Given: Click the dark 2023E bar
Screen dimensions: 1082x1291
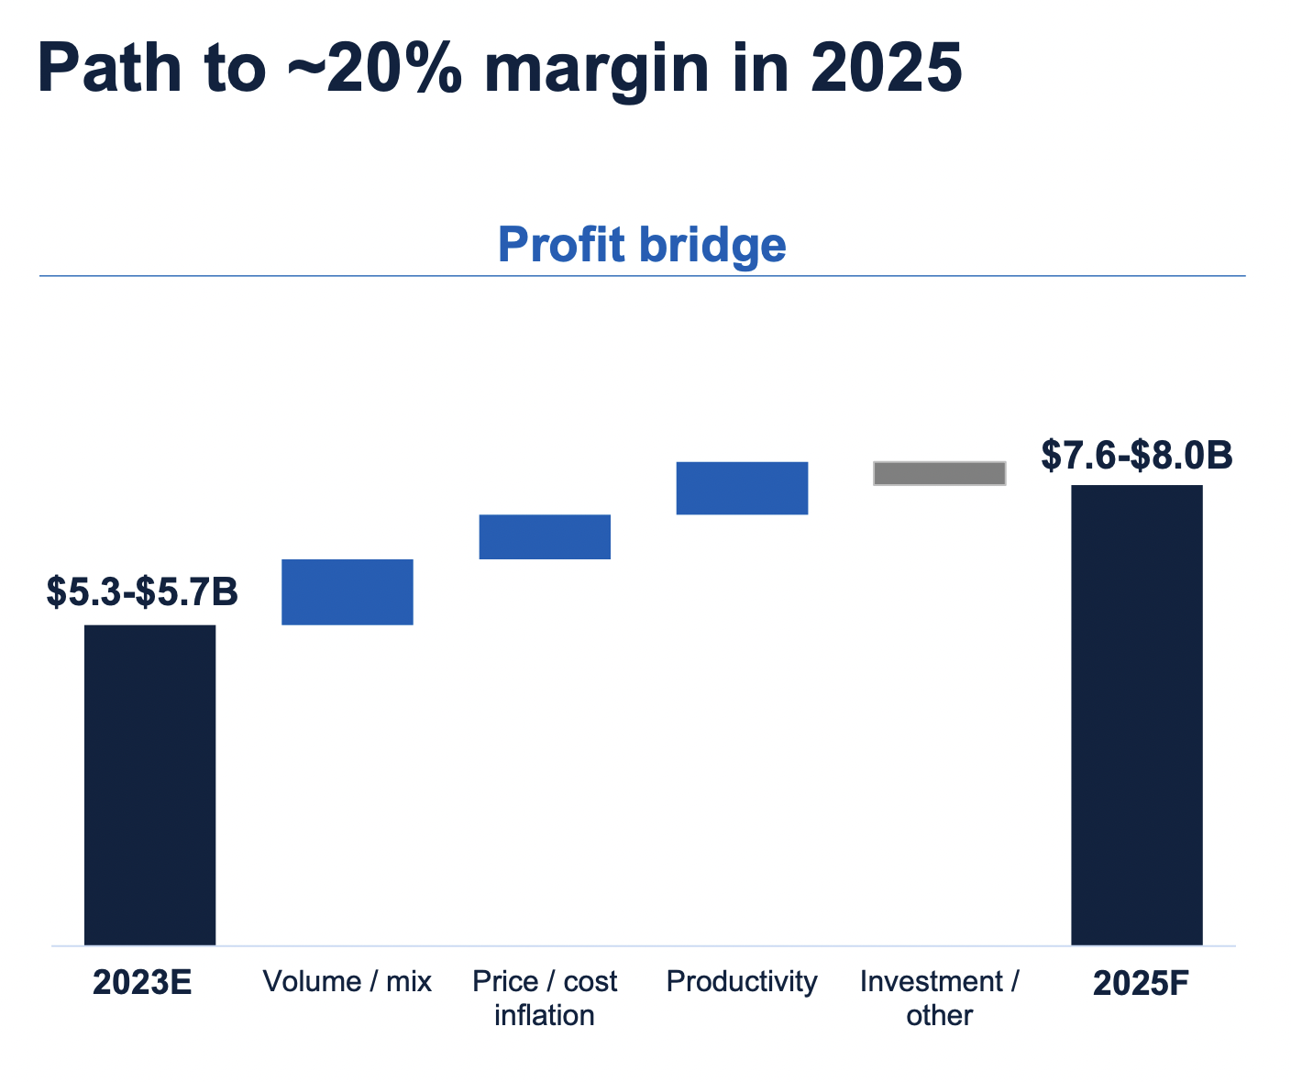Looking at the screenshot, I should tap(149, 784).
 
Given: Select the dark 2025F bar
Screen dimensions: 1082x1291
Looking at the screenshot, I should tap(1137, 714).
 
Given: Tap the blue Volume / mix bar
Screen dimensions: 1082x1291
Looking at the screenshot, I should tap(348, 591).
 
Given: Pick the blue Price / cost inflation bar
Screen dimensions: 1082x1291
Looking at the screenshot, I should tap(545, 536).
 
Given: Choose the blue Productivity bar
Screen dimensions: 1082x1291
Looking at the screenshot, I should tap(742, 488).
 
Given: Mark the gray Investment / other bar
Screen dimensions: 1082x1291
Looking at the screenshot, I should tap(940, 473).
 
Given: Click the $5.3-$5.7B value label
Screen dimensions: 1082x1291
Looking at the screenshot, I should tap(142, 592).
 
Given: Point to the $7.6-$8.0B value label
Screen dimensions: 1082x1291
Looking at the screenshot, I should tap(1137, 455).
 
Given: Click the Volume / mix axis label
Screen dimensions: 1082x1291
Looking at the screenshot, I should tap(347, 982).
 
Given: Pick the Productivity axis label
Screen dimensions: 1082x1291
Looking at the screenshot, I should tap(742, 982).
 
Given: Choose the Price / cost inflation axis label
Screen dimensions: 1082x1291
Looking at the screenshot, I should tap(545, 999).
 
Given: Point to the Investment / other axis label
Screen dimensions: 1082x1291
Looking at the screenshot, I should tap(940, 999).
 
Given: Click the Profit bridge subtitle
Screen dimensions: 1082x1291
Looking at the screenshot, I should tap(642, 245).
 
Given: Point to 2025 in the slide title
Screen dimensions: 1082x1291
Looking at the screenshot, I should tap(886, 69).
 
